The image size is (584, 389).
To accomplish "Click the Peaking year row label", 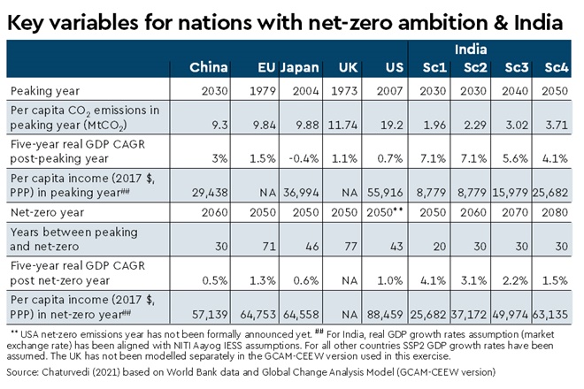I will point(42,90).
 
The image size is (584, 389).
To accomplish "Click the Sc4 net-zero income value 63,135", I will point(555,312).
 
